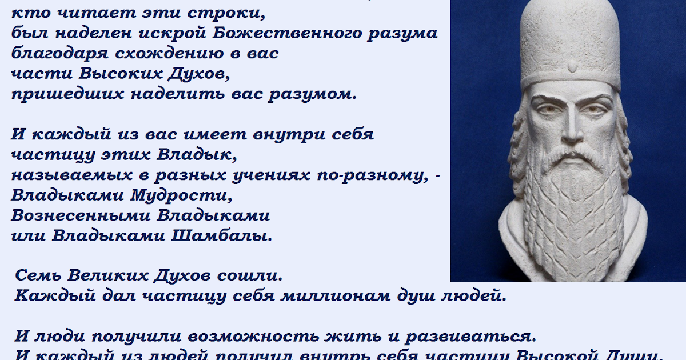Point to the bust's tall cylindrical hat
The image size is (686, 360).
(x=572, y=40)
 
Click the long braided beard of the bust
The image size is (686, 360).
(x=572, y=211)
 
